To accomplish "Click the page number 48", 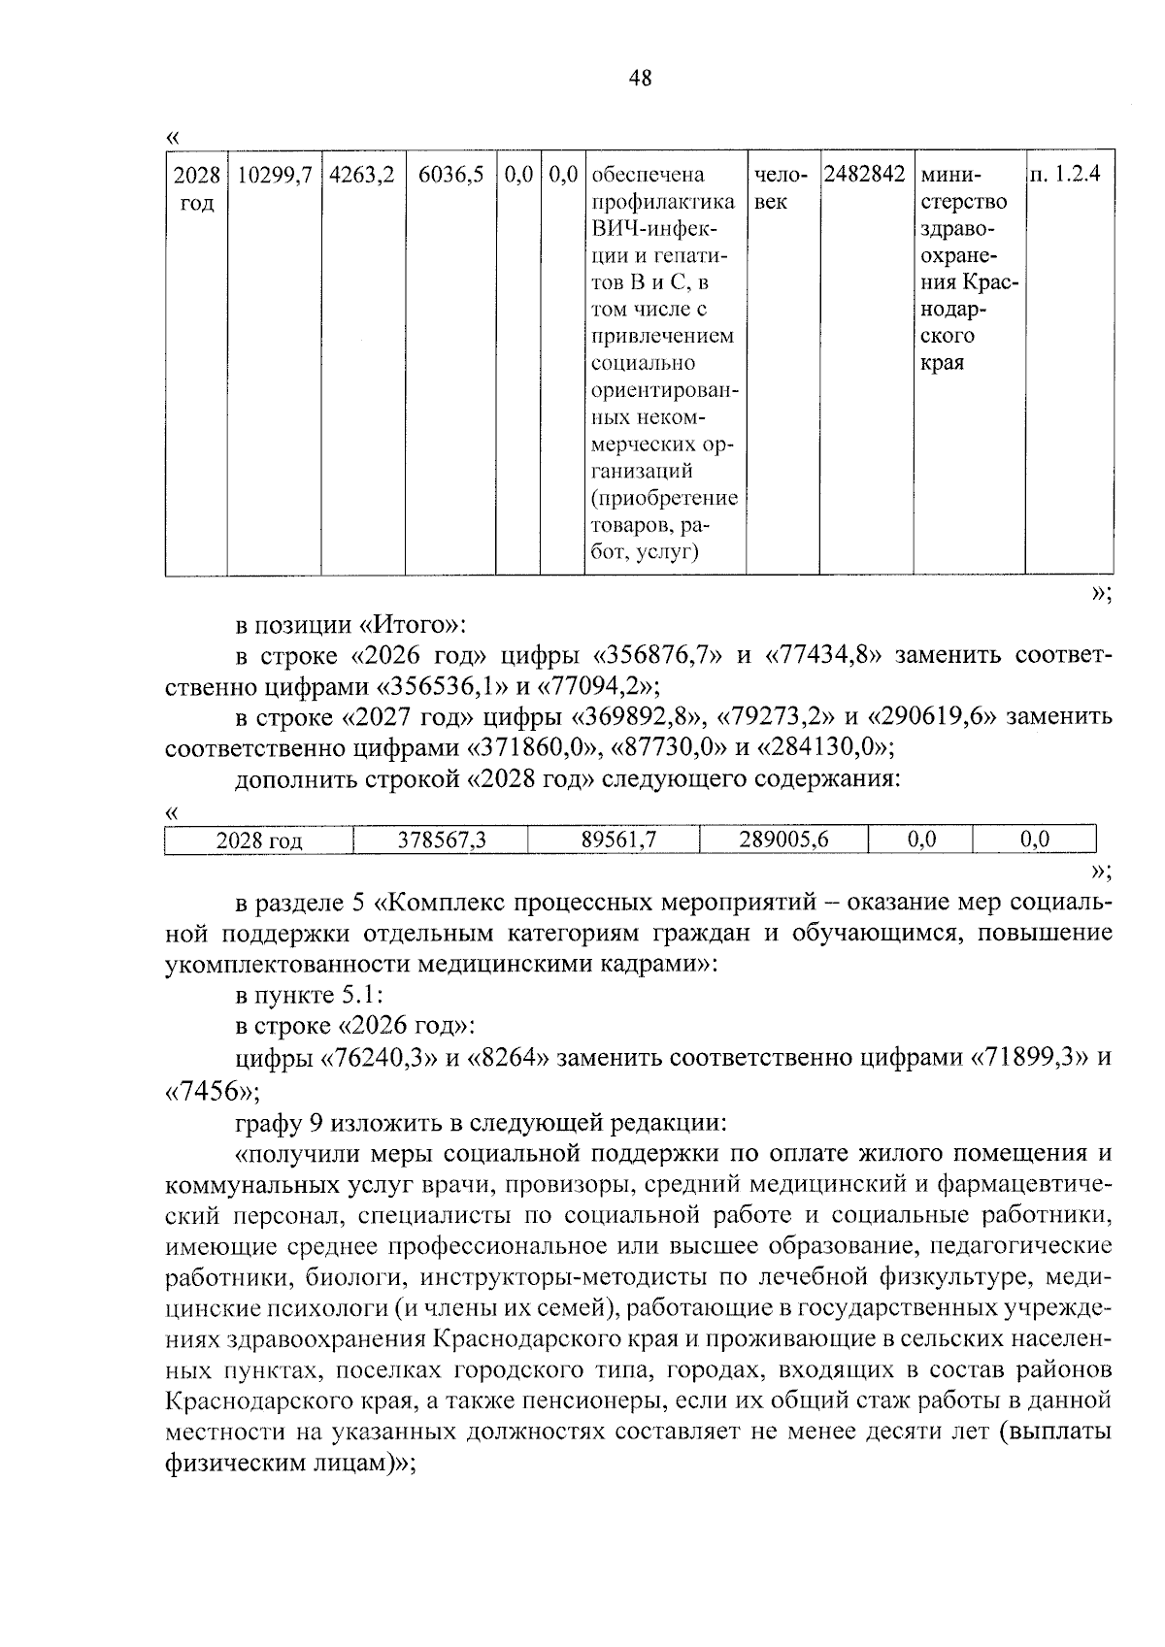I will [x=641, y=79].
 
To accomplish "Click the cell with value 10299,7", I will [x=274, y=176].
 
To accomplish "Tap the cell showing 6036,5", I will [x=450, y=176].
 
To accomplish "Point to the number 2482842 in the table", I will [x=864, y=176].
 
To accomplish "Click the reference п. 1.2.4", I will [x=1070, y=176].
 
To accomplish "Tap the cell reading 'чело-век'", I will [x=781, y=188].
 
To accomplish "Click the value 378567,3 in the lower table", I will [x=441, y=840].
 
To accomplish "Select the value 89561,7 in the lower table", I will [x=618, y=840].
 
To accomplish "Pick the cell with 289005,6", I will [x=782, y=840].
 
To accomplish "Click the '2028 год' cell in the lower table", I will [x=258, y=840].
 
